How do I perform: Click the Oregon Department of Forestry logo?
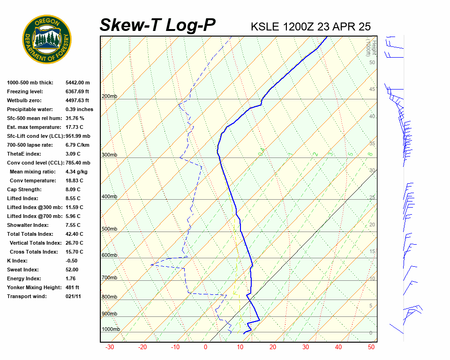pos(47,39)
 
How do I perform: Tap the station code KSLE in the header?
pos(265,26)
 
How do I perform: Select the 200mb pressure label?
pos(109,97)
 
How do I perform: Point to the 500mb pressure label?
pos(109,229)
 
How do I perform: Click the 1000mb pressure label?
pos(111,330)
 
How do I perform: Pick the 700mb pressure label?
pos(109,278)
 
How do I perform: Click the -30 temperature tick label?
pos(110,347)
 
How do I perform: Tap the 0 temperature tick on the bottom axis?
pos(205,347)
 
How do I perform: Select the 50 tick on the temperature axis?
pos(371,347)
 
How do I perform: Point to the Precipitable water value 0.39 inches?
pos(79,109)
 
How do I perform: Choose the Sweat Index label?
pos(23,270)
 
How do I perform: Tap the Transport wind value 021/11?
pos(73,296)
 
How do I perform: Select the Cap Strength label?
pos(24,189)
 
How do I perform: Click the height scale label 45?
pos(372,90)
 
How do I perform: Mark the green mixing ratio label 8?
pos(370,154)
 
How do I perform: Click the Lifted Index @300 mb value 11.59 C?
pos(74,207)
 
